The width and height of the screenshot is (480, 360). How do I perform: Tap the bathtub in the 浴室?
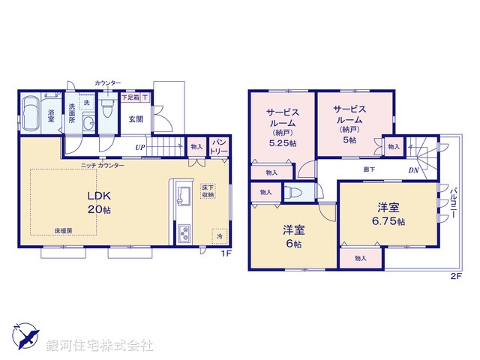[32, 115]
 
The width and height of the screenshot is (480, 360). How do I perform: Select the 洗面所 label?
[72, 112]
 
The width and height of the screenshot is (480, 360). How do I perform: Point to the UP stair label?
[140, 147]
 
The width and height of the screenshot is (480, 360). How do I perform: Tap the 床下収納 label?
[208, 190]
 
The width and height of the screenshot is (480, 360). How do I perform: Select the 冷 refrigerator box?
[220, 235]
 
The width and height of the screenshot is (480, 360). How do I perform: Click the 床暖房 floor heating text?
[63, 231]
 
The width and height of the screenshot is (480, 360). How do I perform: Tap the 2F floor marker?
[454, 275]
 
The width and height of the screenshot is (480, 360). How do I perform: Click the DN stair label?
[413, 170]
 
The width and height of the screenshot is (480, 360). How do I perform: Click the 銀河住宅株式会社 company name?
[100, 346]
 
